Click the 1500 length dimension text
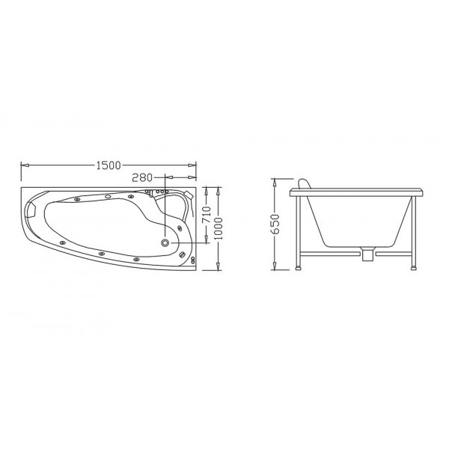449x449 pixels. (109, 165)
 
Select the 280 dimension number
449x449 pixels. (142, 178)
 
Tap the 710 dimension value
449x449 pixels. (207, 215)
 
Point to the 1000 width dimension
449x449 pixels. (218, 228)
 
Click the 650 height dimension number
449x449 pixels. (275, 224)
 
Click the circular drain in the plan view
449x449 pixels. (165, 242)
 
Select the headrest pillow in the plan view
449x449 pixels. (31, 210)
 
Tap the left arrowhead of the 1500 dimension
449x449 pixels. (25, 165)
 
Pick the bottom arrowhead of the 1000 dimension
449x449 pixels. (218, 266)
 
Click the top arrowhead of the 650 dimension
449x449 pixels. (275, 183)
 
